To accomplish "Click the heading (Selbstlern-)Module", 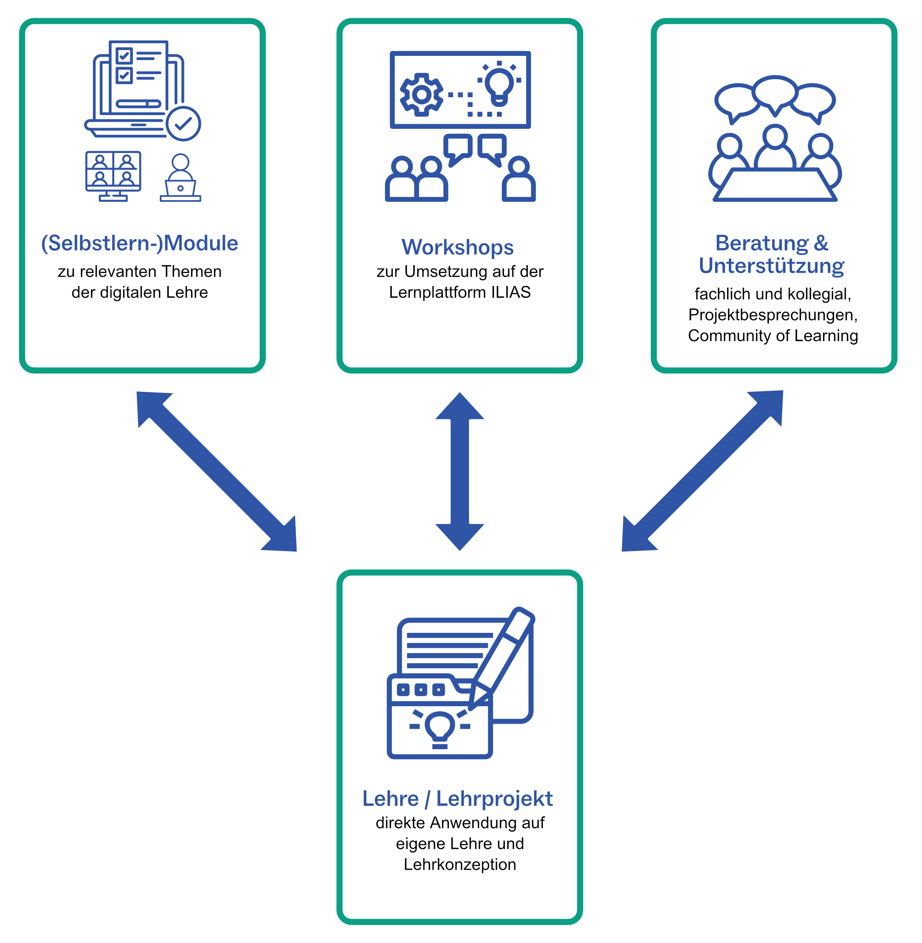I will (139, 243).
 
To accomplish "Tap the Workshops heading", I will (458, 247).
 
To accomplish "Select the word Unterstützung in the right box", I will (771, 266).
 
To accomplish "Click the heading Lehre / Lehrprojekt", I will (458, 799).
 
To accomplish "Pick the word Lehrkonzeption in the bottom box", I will (460, 865).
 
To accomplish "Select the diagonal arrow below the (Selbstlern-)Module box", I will (217, 472).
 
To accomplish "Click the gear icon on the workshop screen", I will (422, 94).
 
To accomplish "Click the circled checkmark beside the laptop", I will (184, 124).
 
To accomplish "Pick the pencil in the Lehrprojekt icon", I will (504, 658).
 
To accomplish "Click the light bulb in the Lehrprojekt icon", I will (440, 727).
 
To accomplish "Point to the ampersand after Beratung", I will (821, 243).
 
